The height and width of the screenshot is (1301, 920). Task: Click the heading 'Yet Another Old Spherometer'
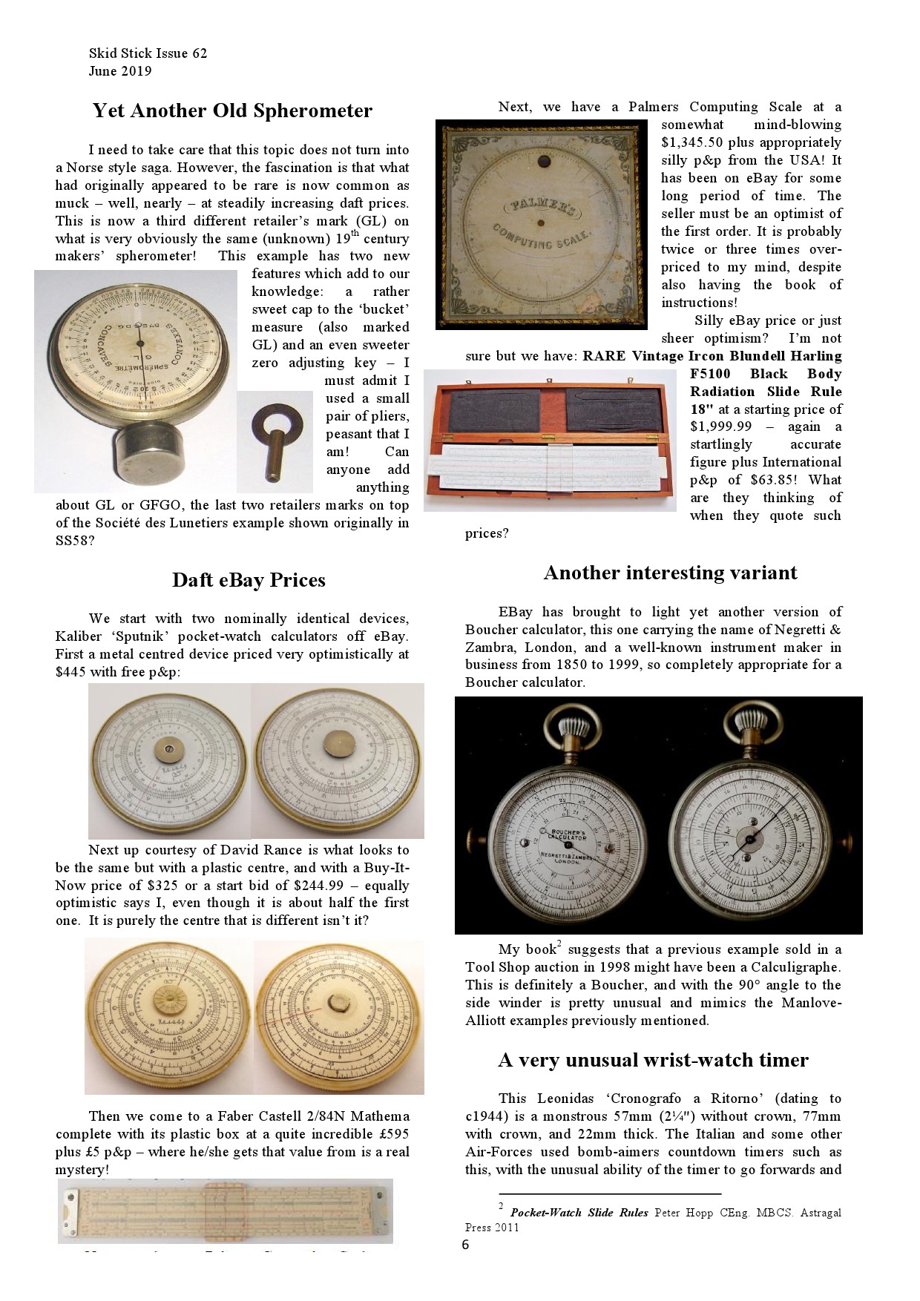[232, 111]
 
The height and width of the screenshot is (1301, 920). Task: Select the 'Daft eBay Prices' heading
[249, 580]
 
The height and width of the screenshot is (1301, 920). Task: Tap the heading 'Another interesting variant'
[670, 573]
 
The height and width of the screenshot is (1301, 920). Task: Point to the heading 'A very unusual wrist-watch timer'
[653, 1060]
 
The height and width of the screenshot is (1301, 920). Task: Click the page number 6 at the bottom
[465, 1245]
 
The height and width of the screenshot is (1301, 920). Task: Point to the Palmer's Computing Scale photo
[542, 224]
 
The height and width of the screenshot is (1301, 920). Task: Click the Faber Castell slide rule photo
[225, 1211]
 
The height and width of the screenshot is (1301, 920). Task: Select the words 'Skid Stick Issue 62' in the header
[148, 53]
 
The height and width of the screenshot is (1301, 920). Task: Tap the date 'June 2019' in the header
[120, 71]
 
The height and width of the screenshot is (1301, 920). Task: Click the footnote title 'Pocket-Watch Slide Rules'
[579, 1213]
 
